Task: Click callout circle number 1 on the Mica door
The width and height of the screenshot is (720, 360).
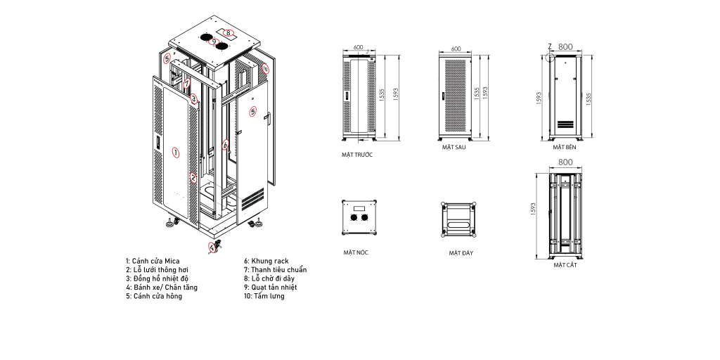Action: tap(175, 153)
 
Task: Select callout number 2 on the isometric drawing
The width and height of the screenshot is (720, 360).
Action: tap(194, 177)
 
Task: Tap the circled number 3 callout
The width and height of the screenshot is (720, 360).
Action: tap(194, 98)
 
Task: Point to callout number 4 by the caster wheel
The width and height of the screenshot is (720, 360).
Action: tap(212, 247)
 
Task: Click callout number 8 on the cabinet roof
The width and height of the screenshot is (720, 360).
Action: tap(229, 32)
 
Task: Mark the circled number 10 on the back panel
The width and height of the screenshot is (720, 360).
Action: tap(265, 69)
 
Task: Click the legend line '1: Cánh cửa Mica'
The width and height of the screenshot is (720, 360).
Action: tap(153, 262)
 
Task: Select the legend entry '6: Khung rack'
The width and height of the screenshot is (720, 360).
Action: tap(266, 262)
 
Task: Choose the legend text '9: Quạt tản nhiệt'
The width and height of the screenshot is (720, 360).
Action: tap(271, 288)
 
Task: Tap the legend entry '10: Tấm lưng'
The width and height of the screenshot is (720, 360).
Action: tap(264, 296)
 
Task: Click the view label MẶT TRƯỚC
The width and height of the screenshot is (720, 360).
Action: tap(356, 155)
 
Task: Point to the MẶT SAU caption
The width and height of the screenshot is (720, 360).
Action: tap(454, 148)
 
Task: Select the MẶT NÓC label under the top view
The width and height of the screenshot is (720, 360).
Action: tap(356, 252)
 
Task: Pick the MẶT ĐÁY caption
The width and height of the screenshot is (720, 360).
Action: tap(461, 253)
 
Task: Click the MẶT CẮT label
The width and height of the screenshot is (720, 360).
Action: tap(565, 265)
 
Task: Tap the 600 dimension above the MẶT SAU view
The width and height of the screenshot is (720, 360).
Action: tap(456, 49)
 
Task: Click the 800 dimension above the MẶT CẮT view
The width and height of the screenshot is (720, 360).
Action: tap(566, 162)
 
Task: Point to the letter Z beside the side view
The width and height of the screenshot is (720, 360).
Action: tap(550, 46)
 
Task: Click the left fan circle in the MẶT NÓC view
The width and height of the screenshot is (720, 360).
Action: tap(354, 218)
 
